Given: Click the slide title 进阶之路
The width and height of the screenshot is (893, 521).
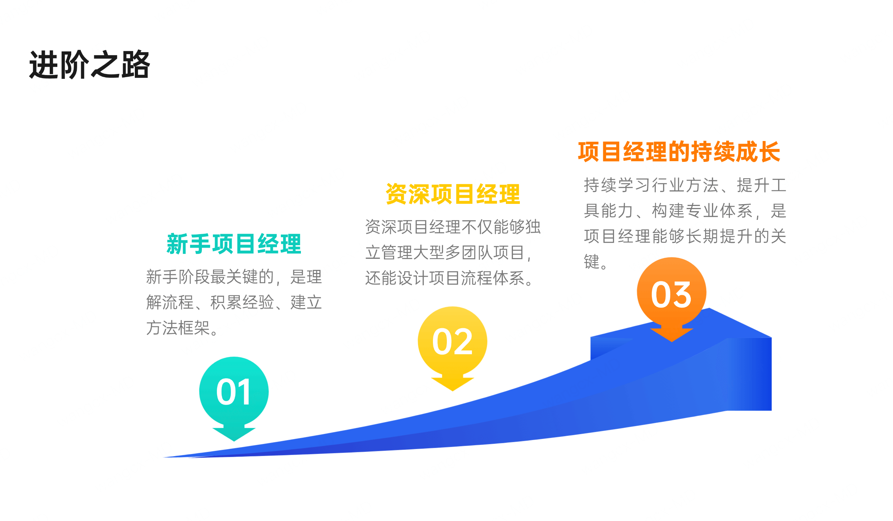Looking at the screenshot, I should click(89, 65).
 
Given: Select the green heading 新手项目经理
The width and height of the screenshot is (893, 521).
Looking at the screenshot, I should click(234, 244).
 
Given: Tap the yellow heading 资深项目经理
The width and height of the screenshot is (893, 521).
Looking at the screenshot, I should click(452, 194).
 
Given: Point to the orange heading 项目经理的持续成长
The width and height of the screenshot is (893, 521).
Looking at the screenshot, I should click(679, 151).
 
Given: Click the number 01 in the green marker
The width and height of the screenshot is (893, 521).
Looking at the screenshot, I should click(234, 392).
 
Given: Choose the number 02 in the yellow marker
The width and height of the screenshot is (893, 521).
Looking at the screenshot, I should click(452, 342).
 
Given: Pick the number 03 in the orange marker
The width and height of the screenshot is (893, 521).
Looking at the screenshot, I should click(671, 295).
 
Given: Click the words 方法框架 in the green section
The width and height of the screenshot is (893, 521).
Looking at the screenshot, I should click(178, 328).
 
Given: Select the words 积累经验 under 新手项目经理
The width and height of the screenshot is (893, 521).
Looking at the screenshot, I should click(242, 303).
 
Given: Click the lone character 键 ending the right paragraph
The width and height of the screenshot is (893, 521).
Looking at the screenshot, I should click(591, 262).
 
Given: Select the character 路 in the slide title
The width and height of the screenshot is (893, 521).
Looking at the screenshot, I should click(136, 65).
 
